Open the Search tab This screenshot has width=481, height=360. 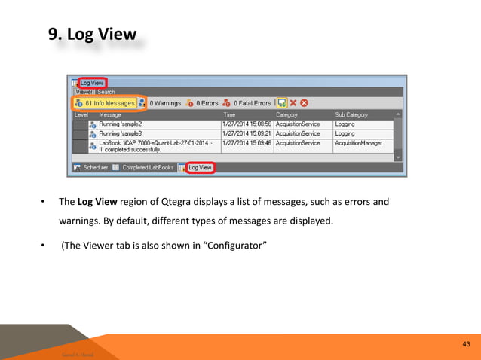(x=106, y=92)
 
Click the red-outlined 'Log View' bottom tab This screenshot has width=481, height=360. (x=200, y=167)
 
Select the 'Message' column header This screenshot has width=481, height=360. (x=110, y=114)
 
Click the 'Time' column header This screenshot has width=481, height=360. (x=230, y=114)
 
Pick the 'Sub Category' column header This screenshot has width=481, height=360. (x=351, y=114)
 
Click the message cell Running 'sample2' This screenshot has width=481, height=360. (x=121, y=124)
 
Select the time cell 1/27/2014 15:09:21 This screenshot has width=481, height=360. (x=247, y=133)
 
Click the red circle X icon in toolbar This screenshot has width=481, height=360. (x=305, y=103)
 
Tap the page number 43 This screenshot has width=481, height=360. (x=466, y=344)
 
